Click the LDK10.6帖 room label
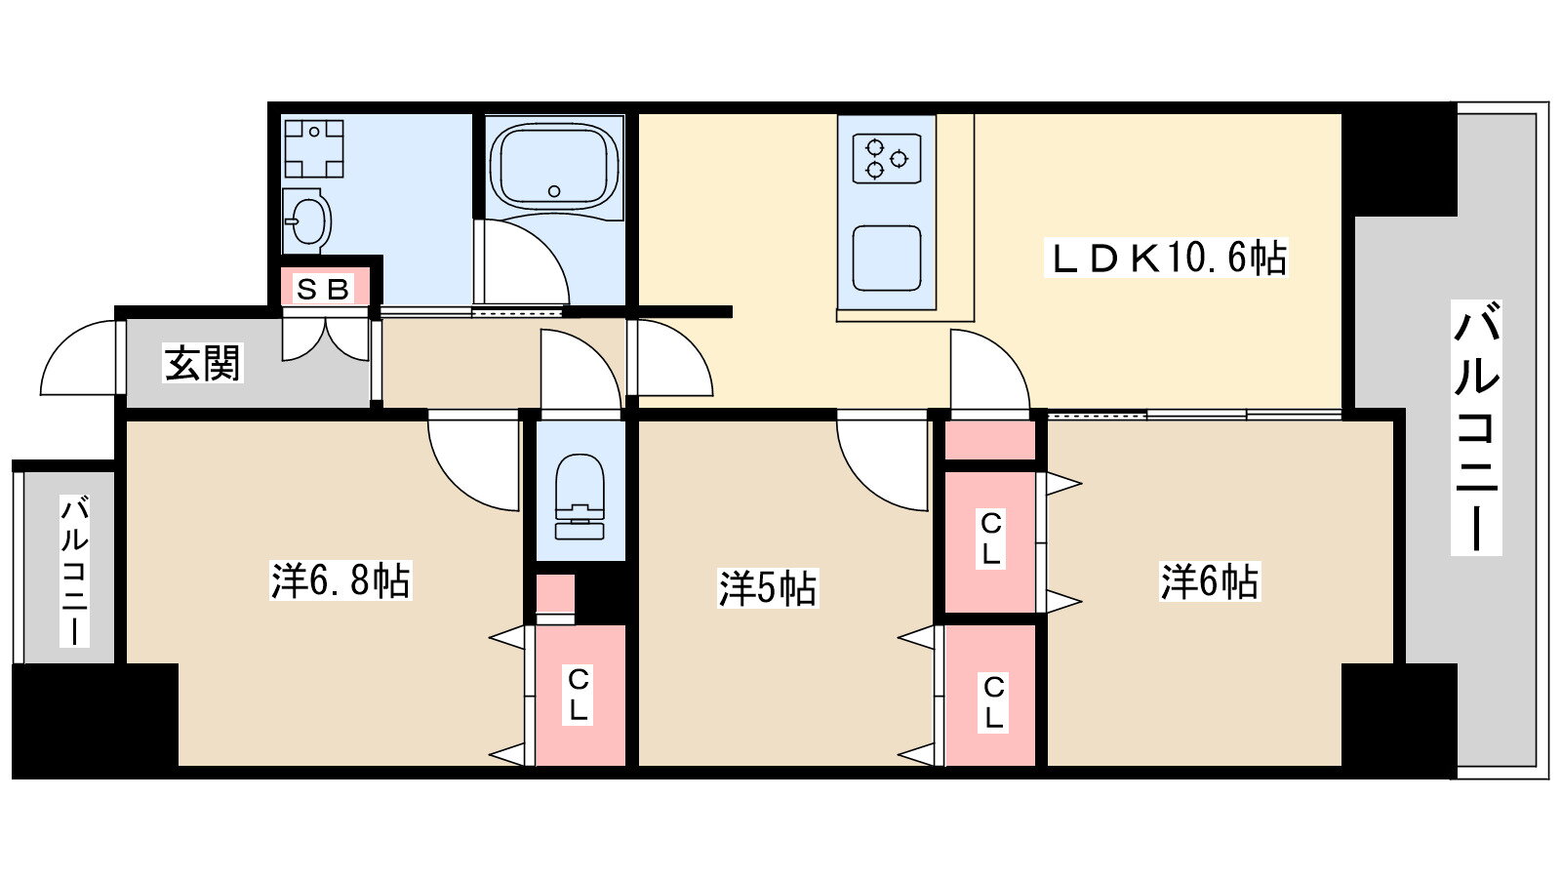[x=1166, y=258]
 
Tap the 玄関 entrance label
[x=203, y=363]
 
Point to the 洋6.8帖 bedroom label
[x=340, y=579]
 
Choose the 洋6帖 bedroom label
[x=1210, y=581]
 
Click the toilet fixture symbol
[x=580, y=497]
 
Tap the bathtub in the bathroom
[x=555, y=167]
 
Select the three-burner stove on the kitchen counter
[x=887, y=158]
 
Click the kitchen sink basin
[x=887, y=258]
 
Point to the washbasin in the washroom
[x=306, y=220]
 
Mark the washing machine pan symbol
[x=313, y=148]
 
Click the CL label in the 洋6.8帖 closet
[x=579, y=694]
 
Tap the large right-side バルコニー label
[x=1476, y=427]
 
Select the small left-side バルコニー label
[x=74, y=571]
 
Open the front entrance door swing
[x=79, y=357]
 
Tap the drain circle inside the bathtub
[x=554, y=191]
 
